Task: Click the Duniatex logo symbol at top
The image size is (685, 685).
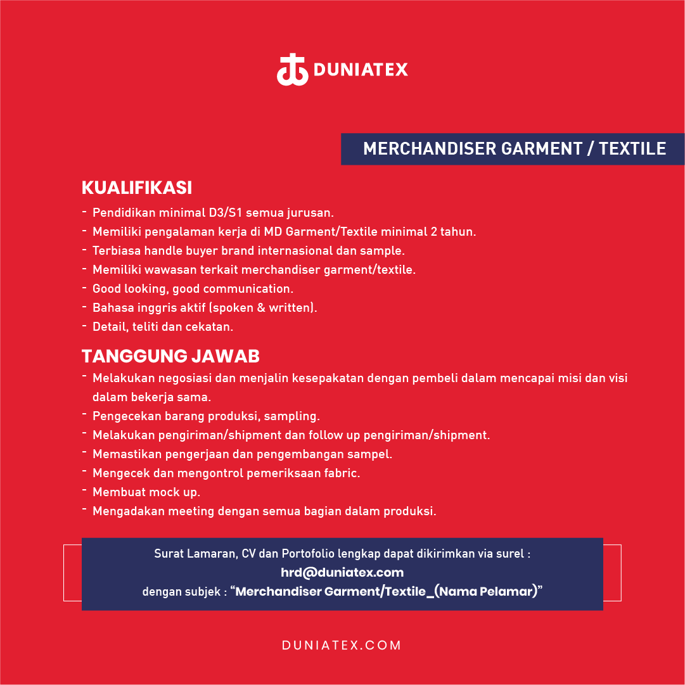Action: click(x=292, y=70)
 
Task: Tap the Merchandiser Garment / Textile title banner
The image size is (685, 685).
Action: click(x=514, y=149)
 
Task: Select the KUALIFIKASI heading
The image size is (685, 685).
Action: click(x=137, y=188)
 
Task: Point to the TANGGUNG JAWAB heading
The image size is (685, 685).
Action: click(x=170, y=356)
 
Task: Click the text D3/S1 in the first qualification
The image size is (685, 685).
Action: click(x=224, y=213)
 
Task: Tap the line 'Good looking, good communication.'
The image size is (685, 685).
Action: click(x=193, y=289)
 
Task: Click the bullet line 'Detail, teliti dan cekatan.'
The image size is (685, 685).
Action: click(x=163, y=327)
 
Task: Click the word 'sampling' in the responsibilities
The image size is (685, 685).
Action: click(x=290, y=416)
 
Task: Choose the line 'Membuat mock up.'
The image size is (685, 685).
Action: click(x=146, y=492)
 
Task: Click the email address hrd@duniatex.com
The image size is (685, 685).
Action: click(x=342, y=573)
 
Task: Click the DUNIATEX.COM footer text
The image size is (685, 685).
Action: click(x=342, y=646)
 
